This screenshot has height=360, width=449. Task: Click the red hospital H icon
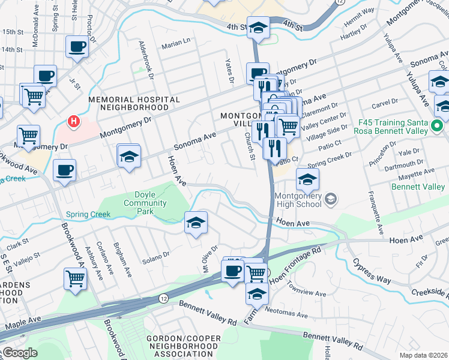[x=73, y=122]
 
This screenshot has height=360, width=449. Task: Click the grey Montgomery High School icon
[x=330, y=199]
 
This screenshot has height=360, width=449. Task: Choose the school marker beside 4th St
[x=258, y=28]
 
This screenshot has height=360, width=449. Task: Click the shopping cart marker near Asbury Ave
[x=75, y=278]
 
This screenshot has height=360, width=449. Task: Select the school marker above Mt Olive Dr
[x=196, y=223]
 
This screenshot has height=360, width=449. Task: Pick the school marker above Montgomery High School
[x=307, y=179]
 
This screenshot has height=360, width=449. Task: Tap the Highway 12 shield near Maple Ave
[x=163, y=298]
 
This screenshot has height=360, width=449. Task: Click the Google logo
[x=19, y=353]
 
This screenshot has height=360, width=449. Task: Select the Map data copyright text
[x=423, y=355]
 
